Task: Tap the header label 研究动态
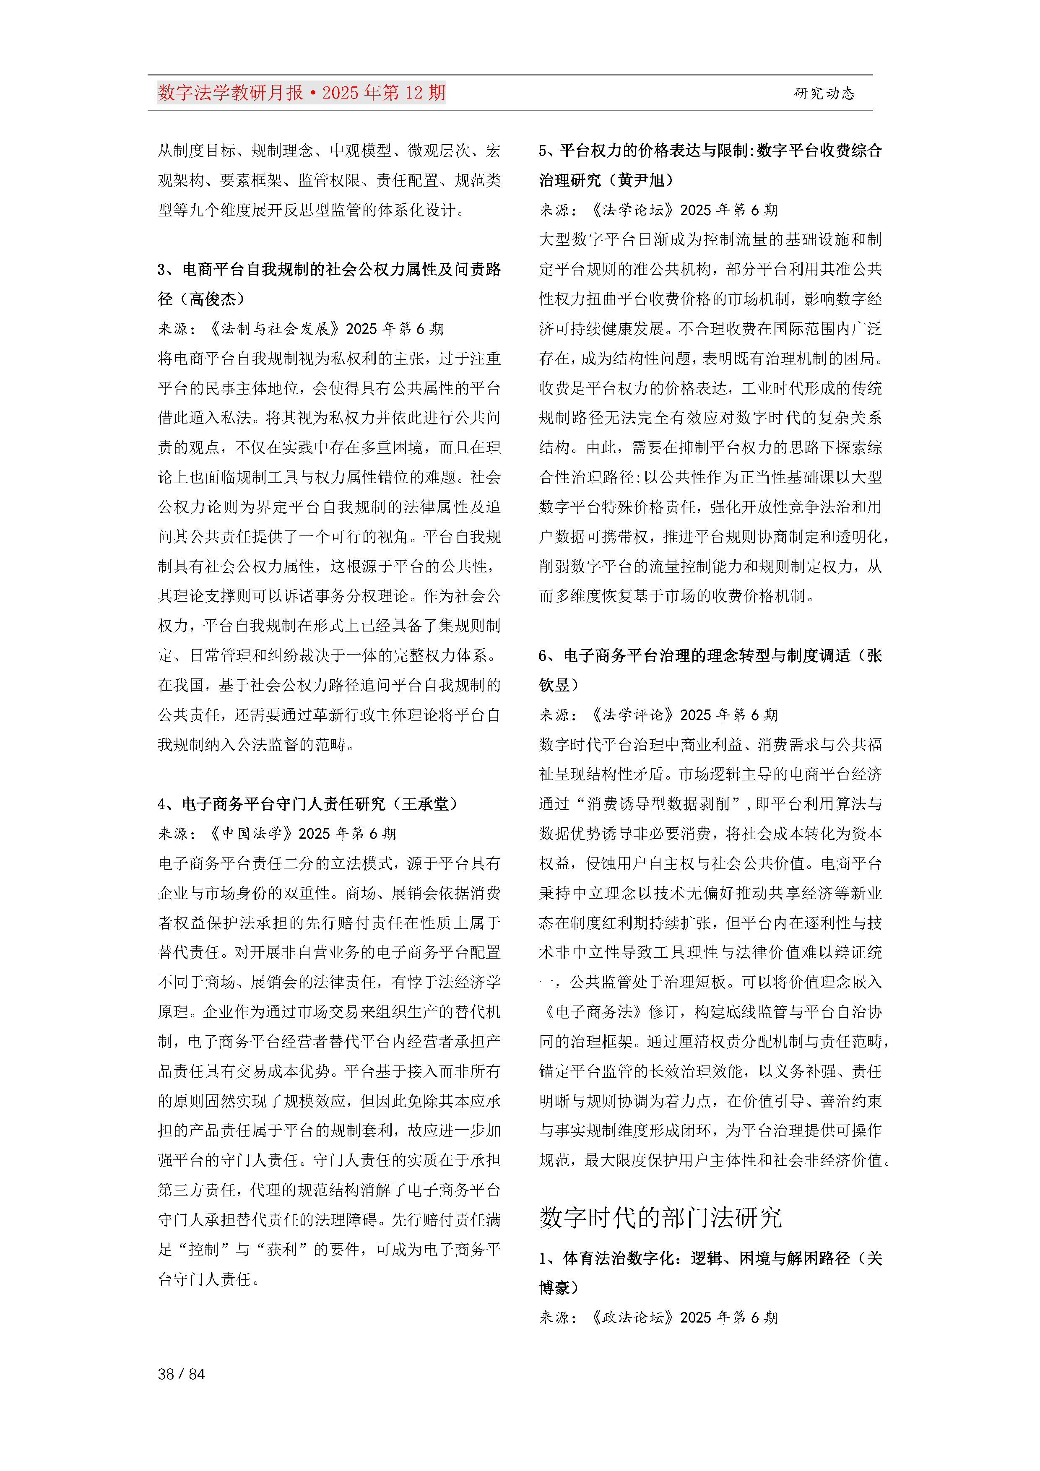824,94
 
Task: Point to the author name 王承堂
426,804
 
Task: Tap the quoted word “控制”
204,1249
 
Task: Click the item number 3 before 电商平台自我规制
163,270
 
